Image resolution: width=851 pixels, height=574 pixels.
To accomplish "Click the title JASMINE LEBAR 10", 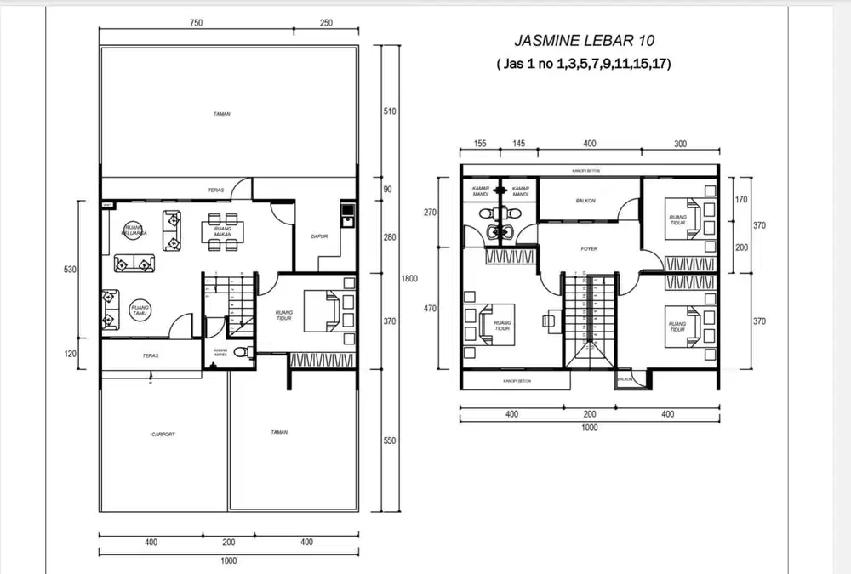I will (585, 40).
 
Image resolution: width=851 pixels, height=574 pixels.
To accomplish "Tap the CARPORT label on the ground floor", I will (163, 434).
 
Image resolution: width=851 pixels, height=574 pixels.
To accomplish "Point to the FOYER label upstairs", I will (589, 249).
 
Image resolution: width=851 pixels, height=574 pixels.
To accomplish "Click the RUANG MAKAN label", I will (223, 231).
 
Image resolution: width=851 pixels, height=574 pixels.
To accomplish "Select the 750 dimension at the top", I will (197, 24).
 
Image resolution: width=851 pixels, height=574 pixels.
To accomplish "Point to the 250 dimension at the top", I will (326, 24).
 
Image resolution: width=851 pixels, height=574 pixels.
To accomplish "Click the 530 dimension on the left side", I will (70, 270).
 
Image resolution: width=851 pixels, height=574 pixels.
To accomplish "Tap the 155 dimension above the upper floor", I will (479, 145).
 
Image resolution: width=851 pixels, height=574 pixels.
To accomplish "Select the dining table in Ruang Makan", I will (222, 231).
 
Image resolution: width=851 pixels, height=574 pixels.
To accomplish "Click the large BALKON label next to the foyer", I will (585, 201).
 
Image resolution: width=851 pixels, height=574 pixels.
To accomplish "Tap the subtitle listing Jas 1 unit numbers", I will (585, 64).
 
